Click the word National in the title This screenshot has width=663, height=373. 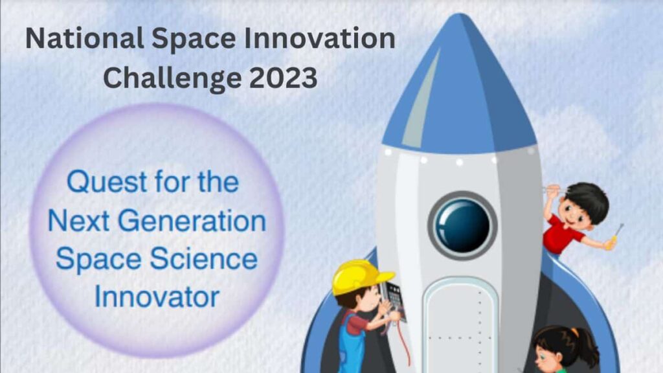82,40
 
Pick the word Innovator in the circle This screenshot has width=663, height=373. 157,297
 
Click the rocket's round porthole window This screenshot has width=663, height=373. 462,225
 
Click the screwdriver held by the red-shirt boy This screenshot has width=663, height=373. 616,234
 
